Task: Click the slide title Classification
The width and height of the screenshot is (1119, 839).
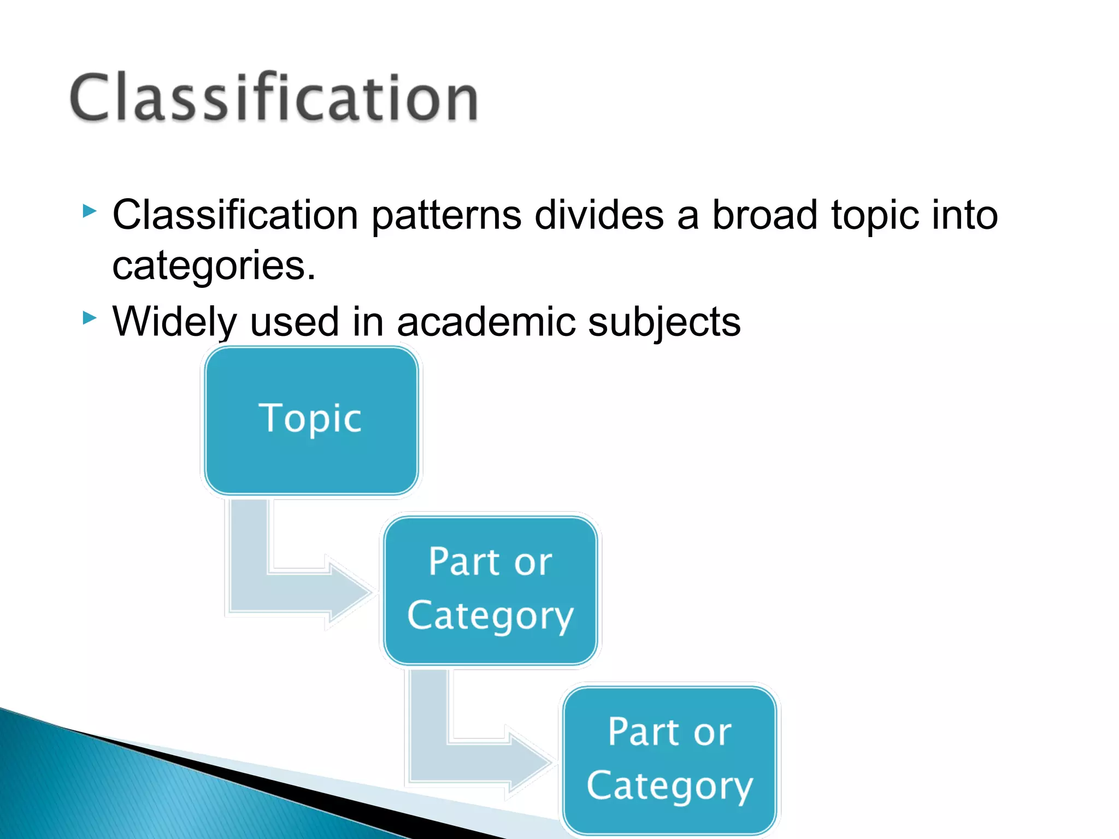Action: [274, 97]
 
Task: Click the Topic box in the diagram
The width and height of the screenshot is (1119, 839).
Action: [311, 421]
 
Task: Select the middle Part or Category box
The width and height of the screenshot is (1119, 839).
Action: [490, 590]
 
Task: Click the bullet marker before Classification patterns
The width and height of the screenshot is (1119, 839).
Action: [90, 211]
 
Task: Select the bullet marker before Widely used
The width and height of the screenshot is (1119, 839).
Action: [90, 317]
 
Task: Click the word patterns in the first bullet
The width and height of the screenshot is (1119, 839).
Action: [446, 215]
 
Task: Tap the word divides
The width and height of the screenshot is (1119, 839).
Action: [599, 214]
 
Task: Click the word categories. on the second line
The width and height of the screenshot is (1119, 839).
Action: [214, 266]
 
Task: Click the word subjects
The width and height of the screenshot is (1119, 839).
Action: [664, 322]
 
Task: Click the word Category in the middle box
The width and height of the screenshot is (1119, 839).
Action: [490, 616]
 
